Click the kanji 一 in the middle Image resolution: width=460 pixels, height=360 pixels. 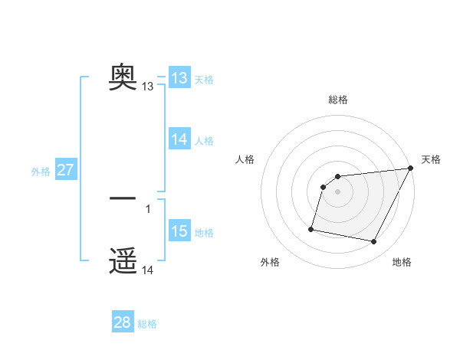[x=123, y=198]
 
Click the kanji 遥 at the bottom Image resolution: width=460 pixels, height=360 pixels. [x=123, y=261]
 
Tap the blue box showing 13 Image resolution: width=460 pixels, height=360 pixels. [x=179, y=78]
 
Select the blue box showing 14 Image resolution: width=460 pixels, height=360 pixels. [x=179, y=139]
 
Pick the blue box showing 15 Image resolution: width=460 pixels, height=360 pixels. [x=179, y=231]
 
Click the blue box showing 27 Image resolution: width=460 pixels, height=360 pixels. [x=65, y=170]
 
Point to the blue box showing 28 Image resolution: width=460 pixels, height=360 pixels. [x=123, y=322]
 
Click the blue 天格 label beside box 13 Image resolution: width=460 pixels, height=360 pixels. [x=204, y=79]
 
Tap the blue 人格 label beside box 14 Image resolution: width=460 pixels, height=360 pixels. [x=204, y=140]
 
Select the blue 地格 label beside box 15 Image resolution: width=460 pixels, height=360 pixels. [x=204, y=232]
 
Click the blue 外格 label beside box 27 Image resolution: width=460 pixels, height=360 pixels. [x=41, y=172]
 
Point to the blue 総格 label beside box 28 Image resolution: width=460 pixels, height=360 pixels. [x=147, y=324]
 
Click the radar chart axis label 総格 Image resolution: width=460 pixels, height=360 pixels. [x=338, y=100]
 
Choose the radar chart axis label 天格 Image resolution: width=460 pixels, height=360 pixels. [x=431, y=159]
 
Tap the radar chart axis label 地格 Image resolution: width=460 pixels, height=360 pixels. [x=402, y=262]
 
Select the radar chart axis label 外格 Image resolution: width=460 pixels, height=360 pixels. [x=270, y=262]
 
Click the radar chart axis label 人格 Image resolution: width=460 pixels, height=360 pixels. [x=245, y=159]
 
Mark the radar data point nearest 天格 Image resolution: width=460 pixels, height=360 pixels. [x=412, y=169]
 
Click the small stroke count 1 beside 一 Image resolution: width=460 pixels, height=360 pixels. [x=147, y=208]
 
